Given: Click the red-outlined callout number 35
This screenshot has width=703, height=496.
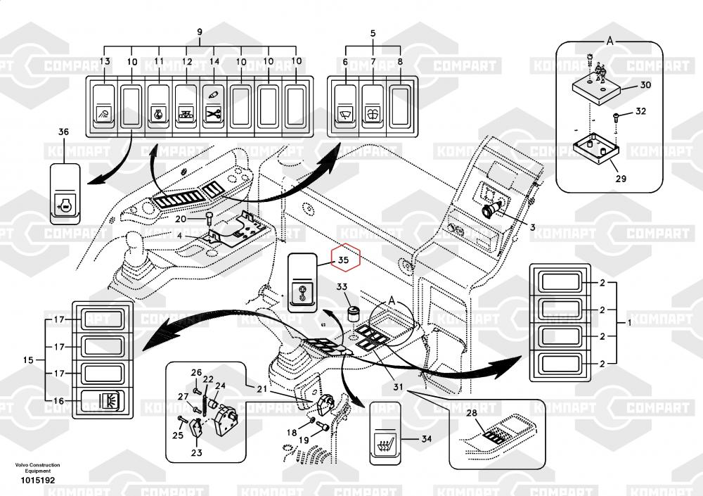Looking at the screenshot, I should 344,260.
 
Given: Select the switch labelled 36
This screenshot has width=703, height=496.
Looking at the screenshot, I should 65,191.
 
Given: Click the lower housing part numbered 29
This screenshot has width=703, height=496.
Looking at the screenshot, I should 596,149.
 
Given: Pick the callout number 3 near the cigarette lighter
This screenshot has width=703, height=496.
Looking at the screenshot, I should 533,227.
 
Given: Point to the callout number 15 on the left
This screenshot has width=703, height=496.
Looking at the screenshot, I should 28,360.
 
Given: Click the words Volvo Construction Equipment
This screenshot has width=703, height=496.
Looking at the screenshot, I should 37,468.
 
